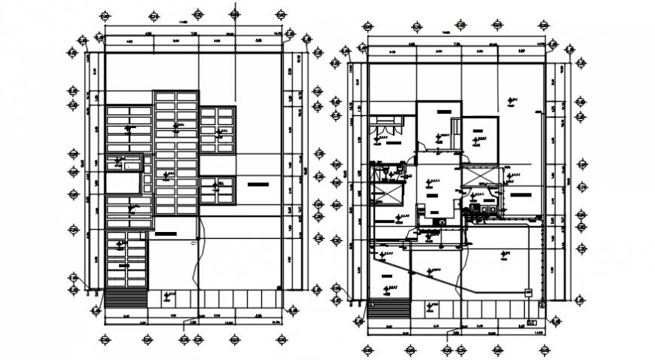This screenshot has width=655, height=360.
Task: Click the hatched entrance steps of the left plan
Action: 126,298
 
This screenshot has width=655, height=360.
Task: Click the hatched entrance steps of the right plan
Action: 391,308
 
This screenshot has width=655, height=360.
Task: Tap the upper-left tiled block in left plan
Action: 129,129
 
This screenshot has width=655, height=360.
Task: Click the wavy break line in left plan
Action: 200,256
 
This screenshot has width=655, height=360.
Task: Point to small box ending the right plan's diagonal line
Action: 527,291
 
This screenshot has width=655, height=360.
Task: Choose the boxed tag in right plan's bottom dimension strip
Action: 532,322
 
